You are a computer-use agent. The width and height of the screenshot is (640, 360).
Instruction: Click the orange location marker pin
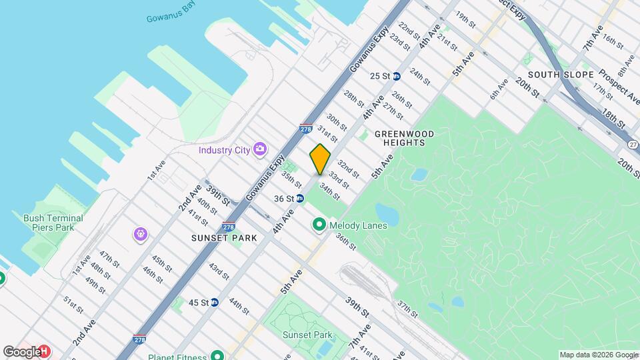click(320, 159)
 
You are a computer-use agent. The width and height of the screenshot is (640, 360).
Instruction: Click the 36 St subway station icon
click(300, 199)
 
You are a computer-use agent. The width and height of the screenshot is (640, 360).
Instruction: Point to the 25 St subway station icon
click(396, 76)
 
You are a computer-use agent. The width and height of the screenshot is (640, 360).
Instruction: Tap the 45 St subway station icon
click(214, 302)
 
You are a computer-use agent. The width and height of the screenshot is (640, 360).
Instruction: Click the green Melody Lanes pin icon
click(319, 226)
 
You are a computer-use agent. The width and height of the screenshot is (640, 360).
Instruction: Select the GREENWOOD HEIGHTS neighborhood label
click(404, 138)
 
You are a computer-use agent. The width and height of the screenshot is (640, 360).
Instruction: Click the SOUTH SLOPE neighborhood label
click(560, 74)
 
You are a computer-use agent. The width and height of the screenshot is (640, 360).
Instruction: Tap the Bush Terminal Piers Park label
click(53, 223)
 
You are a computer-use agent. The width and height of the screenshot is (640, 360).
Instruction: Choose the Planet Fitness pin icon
click(217, 355)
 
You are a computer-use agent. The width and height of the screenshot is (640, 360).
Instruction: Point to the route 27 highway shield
click(633, 144)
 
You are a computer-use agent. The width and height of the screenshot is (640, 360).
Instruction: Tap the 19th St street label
click(465, 19)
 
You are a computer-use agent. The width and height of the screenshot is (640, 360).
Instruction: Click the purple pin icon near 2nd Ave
click(141, 233)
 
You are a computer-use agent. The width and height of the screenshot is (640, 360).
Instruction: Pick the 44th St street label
click(238, 306)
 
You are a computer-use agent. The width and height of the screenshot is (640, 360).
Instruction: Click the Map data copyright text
click(598, 355)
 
